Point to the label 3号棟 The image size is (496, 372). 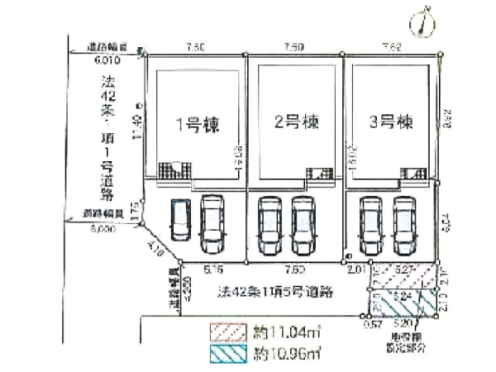[390, 123]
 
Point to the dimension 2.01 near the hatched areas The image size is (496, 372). [357, 269]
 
